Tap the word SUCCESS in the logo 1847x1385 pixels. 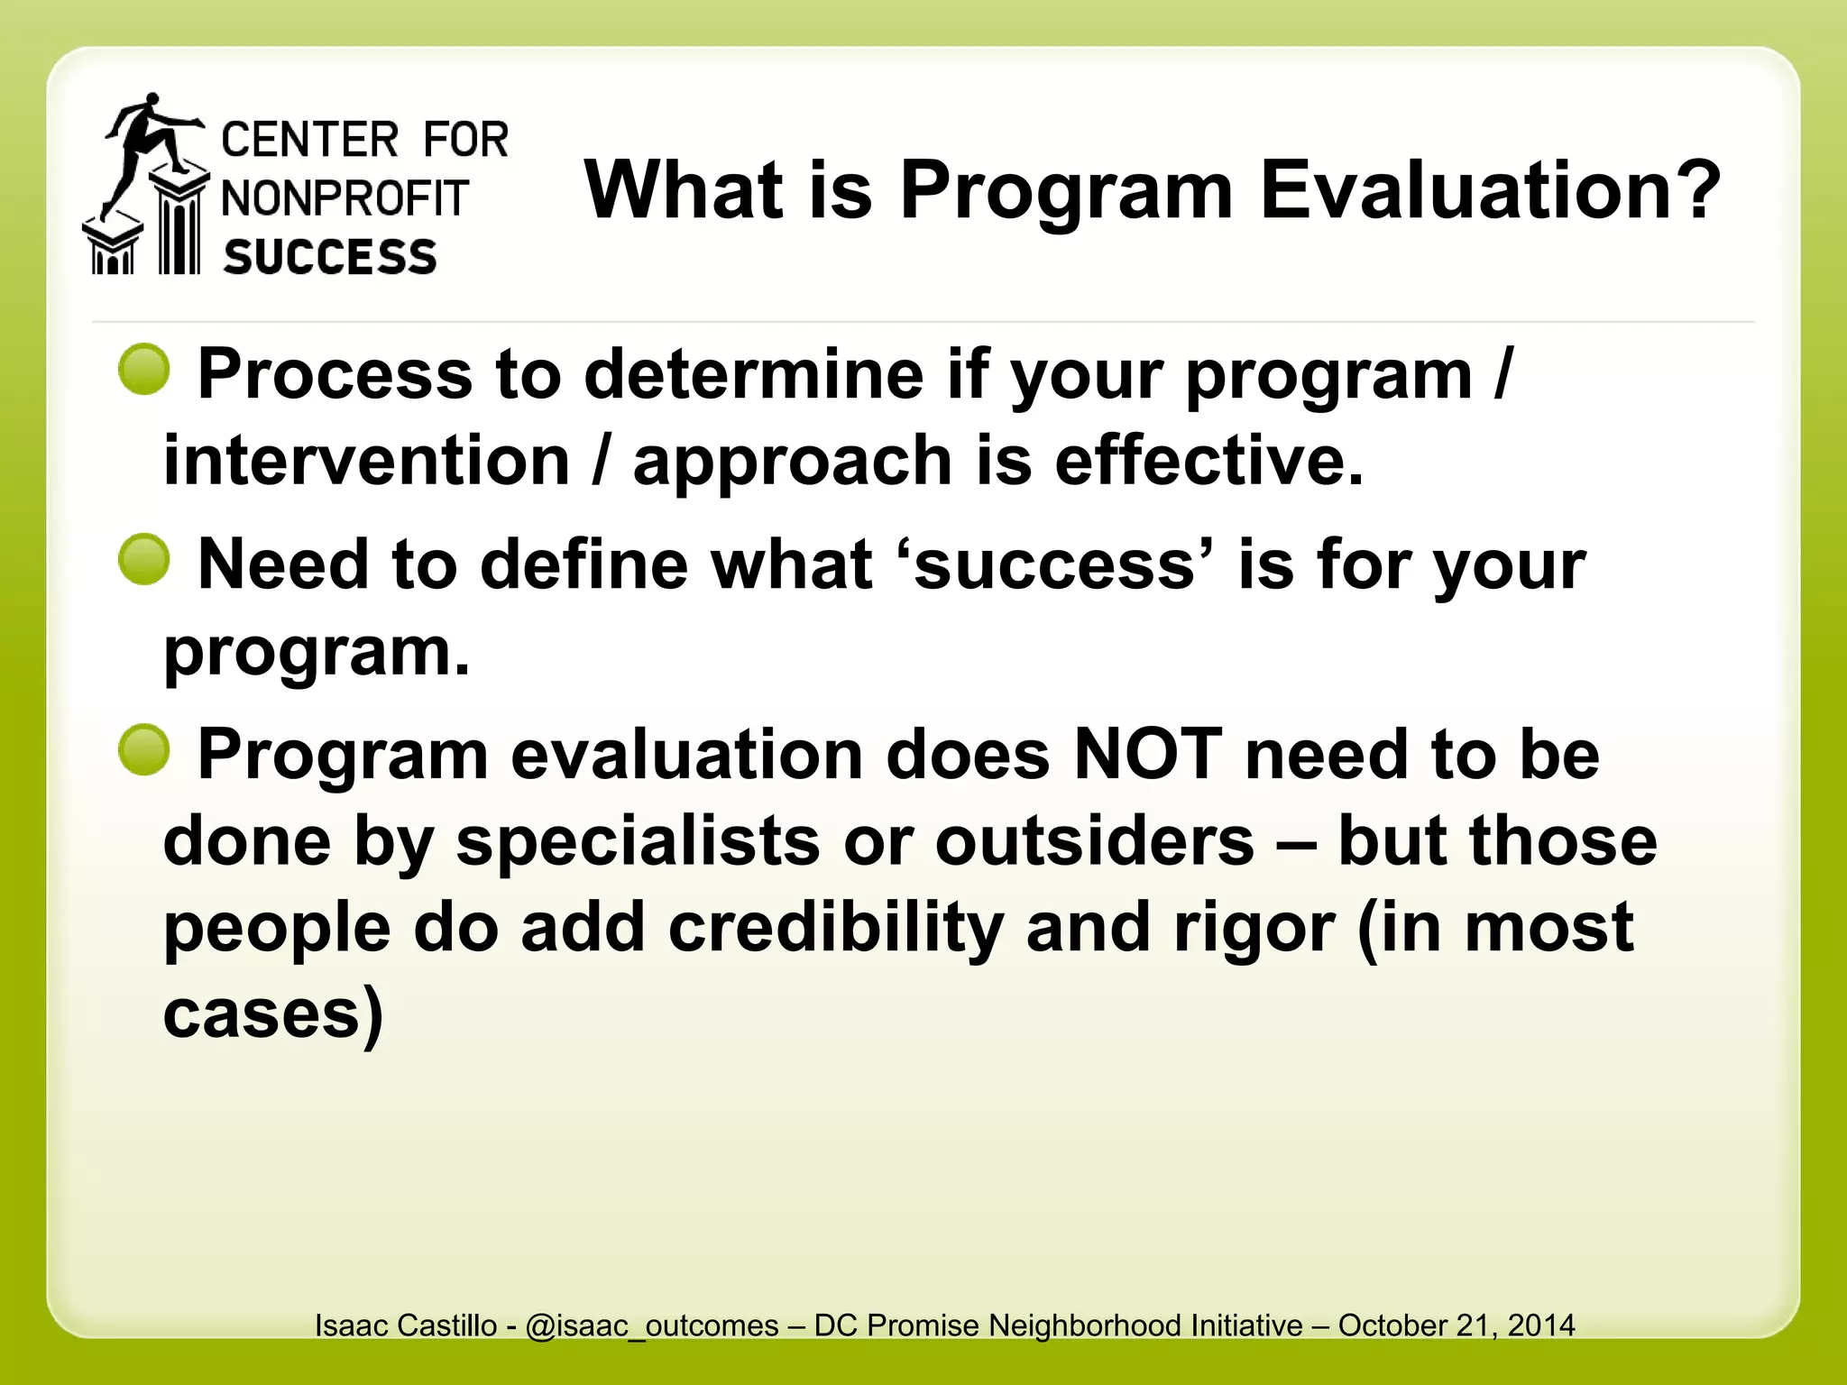click(x=330, y=258)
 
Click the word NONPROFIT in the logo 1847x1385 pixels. click(x=345, y=199)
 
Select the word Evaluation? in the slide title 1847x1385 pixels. click(x=1490, y=190)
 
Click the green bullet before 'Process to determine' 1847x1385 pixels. click(x=144, y=370)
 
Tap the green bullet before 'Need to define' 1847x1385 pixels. click(x=144, y=559)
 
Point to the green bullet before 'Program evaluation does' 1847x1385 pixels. click(x=144, y=749)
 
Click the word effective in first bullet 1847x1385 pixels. click(x=1208, y=461)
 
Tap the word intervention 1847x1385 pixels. click(x=366, y=461)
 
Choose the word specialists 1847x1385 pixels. click(x=638, y=841)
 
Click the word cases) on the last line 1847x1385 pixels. click(x=273, y=1014)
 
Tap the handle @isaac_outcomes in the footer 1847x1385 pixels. click(x=652, y=1325)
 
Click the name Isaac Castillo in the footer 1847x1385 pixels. click(x=405, y=1325)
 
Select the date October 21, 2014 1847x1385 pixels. click(x=1456, y=1325)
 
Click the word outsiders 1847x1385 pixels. click(x=1094, y=841)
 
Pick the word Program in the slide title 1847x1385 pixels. click(x=1066, y=190)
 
